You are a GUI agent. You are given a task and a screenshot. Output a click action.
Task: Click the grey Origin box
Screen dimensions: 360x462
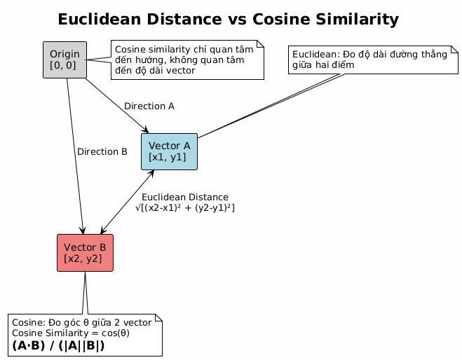tap(64, 60)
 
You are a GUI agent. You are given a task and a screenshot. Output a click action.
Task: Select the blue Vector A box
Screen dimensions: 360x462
tap(170, 151)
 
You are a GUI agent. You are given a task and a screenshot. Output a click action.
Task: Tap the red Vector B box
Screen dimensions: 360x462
tap(85, 252)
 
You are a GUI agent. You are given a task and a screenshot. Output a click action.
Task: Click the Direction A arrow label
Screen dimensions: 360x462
tap(149, 106)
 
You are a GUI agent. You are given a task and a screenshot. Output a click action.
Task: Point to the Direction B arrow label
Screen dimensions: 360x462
tap(102, 151)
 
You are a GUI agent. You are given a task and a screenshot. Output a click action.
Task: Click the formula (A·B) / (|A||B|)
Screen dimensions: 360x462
tap(58, 346)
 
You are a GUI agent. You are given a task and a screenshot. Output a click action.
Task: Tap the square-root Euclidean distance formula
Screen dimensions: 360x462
tap(185, 208)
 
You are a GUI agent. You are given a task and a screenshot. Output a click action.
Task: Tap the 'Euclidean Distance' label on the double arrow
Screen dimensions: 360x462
tap(184, 198)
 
